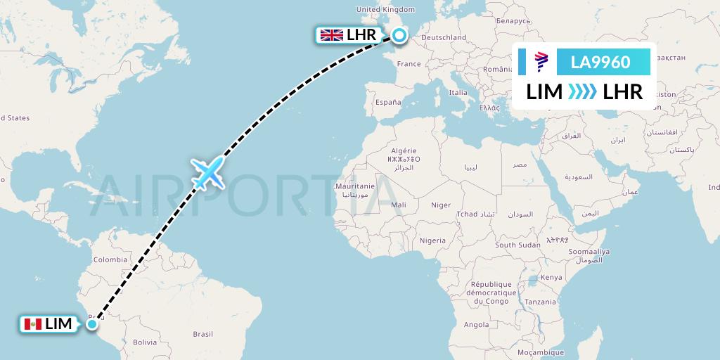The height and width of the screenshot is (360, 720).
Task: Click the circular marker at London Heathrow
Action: [399, 35]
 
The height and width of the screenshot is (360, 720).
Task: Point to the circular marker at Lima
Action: [93, 324]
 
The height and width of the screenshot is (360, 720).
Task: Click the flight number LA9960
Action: [600, 63]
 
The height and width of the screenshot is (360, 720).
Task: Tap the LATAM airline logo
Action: [541, 63]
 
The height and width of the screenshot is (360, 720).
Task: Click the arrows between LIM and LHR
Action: [582, 92]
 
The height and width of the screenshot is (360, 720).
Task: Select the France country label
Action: [409, 64]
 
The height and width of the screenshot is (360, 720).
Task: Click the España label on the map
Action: [387, 102]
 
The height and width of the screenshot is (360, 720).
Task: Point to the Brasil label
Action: [202, 334]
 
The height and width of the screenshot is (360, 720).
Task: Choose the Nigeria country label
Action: [432, 240]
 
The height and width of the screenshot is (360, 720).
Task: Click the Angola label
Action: [476, 324]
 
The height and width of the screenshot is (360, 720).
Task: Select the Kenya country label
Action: [551, 277]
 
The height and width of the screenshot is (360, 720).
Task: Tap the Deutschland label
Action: [444, 37]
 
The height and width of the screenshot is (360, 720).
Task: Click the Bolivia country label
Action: [144, 342]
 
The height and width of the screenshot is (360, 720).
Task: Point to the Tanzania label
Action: [540, 302]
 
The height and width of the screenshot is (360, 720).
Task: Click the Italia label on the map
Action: [458, 92]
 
